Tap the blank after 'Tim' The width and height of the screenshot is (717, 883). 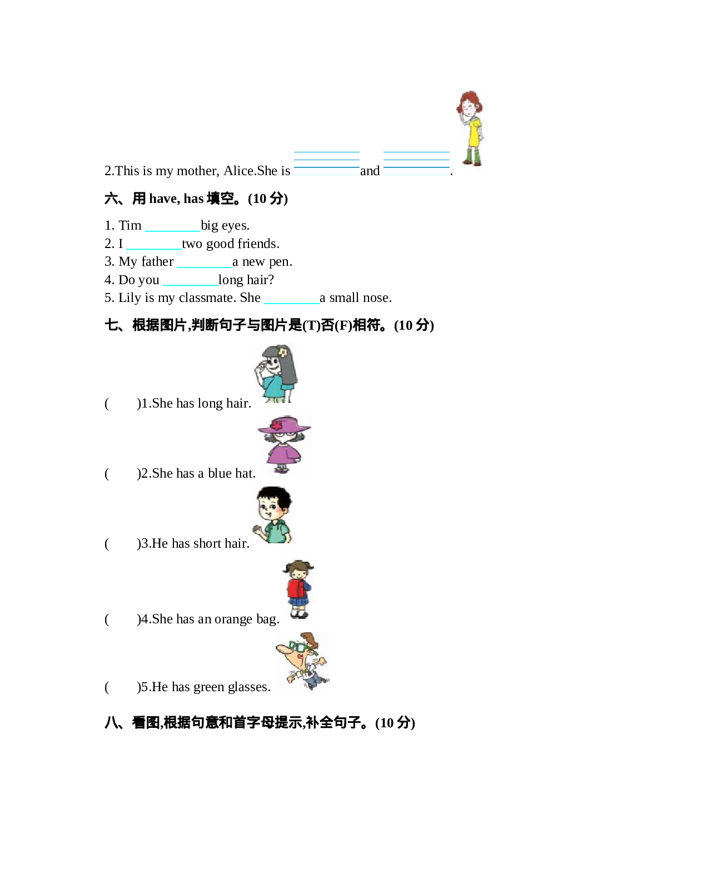click(x=172, y=226)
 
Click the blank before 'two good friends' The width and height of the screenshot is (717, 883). click(x=153, y=245)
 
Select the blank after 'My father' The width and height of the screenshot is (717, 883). click(x=204, y=262)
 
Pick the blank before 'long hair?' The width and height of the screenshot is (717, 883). click(x=190, y=281)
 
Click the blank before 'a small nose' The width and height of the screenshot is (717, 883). click(x=291, y=299)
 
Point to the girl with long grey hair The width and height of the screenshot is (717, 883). click(x=276, y=374)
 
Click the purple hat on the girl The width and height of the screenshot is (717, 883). click(x=283, y=426)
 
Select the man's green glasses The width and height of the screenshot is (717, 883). click(x=298, y=647)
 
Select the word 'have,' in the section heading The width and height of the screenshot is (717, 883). click(x=165, y=199)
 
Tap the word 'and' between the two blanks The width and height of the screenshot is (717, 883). click(x=370, y=171)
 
